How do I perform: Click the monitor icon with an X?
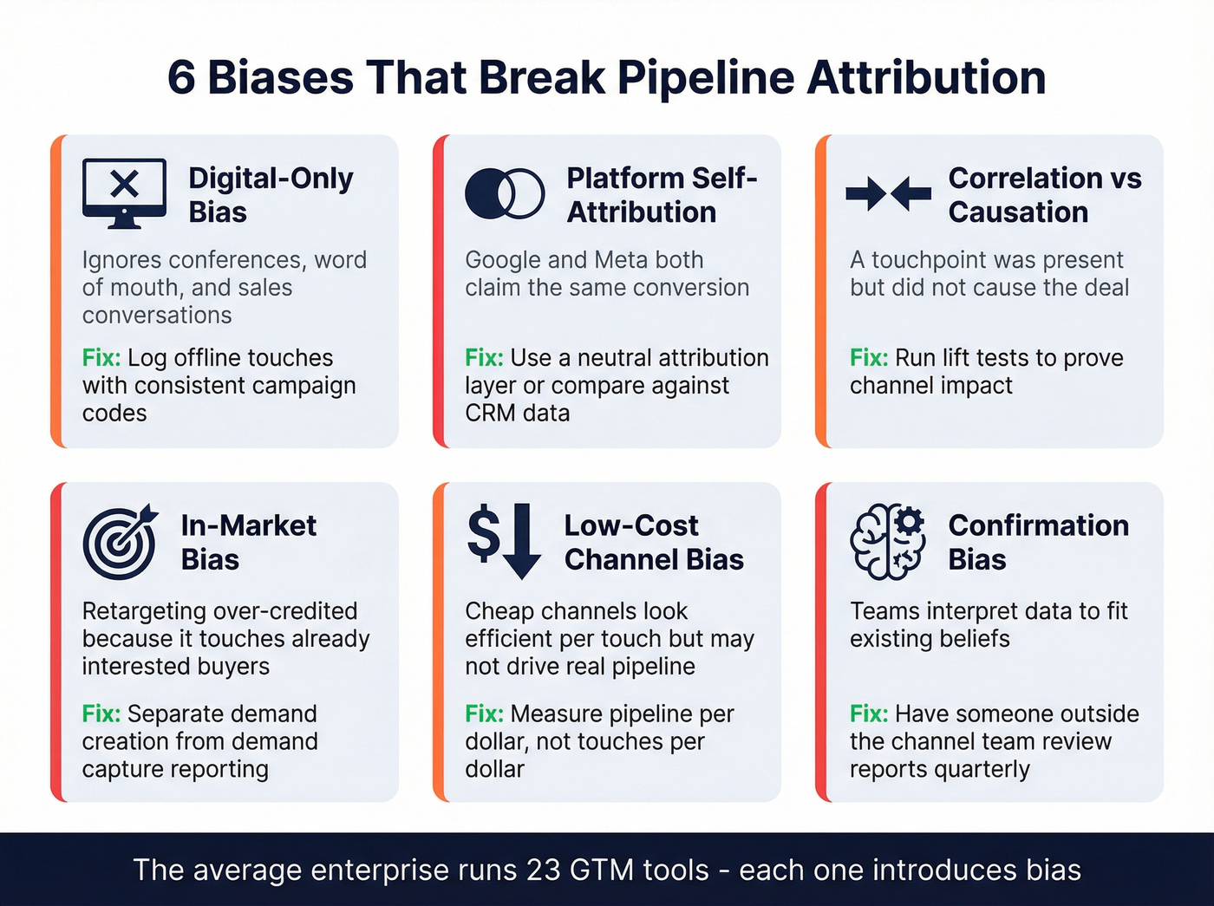point(124,192)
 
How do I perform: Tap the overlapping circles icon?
point(505,192)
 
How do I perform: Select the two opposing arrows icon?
point(888,193)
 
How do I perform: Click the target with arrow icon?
point(121,542)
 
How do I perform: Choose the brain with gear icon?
point(887,543)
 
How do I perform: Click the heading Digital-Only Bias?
point(271,195)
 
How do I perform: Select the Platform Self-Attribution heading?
point(662,195)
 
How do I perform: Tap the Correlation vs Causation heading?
point(1044,195)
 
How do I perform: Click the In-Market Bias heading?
point(248,543)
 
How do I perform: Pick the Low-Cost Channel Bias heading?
point(653,543)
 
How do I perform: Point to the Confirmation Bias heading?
point(1038,543)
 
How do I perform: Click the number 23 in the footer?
point(543,870)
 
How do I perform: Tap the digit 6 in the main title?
point(181,77)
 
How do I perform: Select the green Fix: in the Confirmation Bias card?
point(869,714)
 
